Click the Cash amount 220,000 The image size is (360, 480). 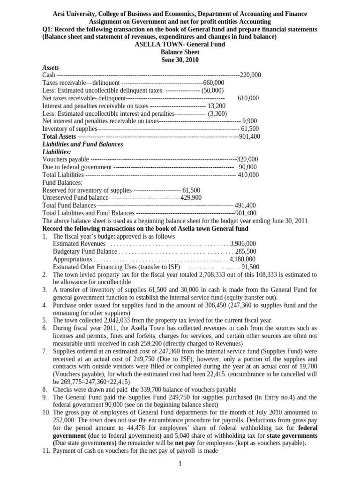[x=250, y=75]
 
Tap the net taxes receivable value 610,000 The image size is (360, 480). [x=248, y=98]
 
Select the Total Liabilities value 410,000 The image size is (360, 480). [x=247, y=175]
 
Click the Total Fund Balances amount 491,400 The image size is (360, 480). [x=245, y=205]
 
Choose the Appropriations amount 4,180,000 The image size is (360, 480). [x=242, y=259]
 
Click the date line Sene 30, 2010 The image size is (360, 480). [x=180, y=60]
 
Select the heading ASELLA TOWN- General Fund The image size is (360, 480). [x=180, y=45]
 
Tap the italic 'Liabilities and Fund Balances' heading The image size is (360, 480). [x=82, y=144]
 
